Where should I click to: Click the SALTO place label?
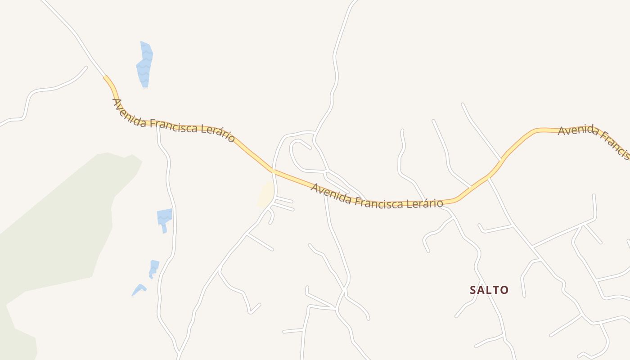489,290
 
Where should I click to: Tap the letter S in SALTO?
473,290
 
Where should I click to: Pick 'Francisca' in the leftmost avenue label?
173,126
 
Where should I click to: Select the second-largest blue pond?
164,218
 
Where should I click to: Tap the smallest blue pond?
139,289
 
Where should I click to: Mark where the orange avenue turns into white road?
105,76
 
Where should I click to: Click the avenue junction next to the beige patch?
273,171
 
